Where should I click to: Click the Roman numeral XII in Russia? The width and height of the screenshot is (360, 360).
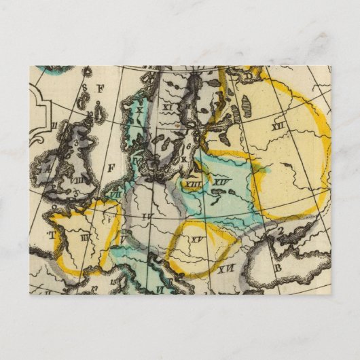click(x=276, y=124)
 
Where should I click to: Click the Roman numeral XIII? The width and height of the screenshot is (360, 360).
click(x=193, y=183)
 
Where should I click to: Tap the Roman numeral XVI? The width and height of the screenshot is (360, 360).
click(x=227, y=269)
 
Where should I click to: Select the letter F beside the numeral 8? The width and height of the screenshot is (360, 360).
click(x=100, y=88)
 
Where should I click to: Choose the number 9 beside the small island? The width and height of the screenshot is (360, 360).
click(x=98, y=103)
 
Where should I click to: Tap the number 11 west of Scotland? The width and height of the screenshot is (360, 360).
click(x=52, y=126)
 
